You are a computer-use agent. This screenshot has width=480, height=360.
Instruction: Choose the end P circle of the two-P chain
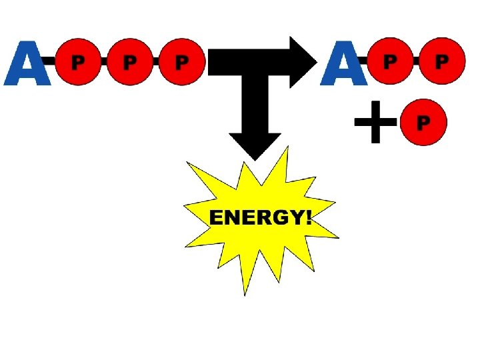(x=441, y=61)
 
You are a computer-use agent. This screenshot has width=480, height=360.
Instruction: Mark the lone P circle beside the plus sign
(x=423, y=123)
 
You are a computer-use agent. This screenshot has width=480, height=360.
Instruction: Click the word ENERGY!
(x=260, y=218)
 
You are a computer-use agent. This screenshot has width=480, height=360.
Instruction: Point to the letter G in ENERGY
(x=275, y=218)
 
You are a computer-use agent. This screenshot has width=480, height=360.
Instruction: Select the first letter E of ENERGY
(x=215, y=218)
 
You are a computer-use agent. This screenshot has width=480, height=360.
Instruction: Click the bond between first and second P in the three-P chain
(x=103, y=62)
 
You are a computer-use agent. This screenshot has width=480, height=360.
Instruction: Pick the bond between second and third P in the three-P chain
(x=155, y=62)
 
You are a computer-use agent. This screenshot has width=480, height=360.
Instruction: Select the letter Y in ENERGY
(x=293, y=218)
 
